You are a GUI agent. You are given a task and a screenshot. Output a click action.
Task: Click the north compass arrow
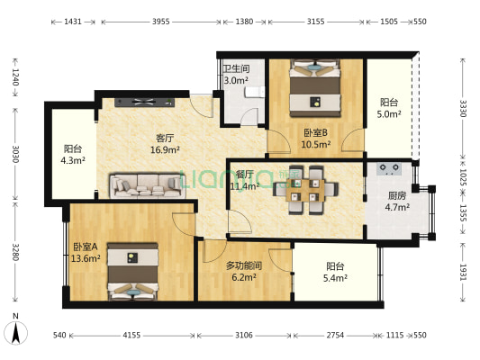point(16,333)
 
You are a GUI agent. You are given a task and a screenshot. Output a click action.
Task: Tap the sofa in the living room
point(148,185)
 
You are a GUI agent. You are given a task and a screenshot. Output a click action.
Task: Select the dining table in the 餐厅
point(305,190)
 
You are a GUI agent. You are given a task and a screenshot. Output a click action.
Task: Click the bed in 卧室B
point(315,88)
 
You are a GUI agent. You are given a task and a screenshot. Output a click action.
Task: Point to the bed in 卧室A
point(133,271)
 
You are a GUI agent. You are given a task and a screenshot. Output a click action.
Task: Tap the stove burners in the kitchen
point(389,168)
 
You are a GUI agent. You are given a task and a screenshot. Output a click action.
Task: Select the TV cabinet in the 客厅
point(144,103)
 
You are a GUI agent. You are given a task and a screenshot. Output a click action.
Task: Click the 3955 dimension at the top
point(161,22)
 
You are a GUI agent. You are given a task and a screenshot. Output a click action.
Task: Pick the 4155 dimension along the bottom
point(131,335)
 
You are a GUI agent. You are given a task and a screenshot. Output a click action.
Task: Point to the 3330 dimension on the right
point(463,108)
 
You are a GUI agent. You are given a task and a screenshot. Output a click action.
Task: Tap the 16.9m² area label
point(165,150)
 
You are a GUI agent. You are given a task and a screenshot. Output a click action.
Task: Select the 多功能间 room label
point(244,265)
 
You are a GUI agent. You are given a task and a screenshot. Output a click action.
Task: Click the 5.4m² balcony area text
point(335,278)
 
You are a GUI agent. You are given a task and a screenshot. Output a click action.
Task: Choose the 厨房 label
point(397,195)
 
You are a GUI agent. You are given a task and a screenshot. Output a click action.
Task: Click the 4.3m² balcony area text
point(73,160)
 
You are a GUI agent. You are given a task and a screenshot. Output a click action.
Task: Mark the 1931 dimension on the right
point(463,272)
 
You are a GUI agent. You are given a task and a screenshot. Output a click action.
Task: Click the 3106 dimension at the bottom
point(244,335)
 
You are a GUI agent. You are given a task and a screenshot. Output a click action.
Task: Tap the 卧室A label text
point(85,247)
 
